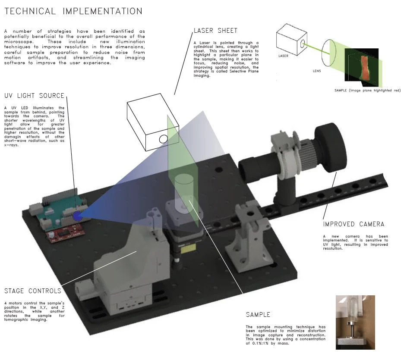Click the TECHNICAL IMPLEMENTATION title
point(73,11)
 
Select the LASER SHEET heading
point(215,31)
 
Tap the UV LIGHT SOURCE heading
point(34,96)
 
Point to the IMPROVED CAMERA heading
point(353,224)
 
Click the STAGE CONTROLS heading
point(32,291)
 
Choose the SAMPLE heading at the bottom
point(258,315)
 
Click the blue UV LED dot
point(78,216)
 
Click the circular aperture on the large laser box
point(163,139)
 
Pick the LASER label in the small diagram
point(284,56)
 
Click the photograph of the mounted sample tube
point(355,322)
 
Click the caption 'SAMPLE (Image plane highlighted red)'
point(367,91)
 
